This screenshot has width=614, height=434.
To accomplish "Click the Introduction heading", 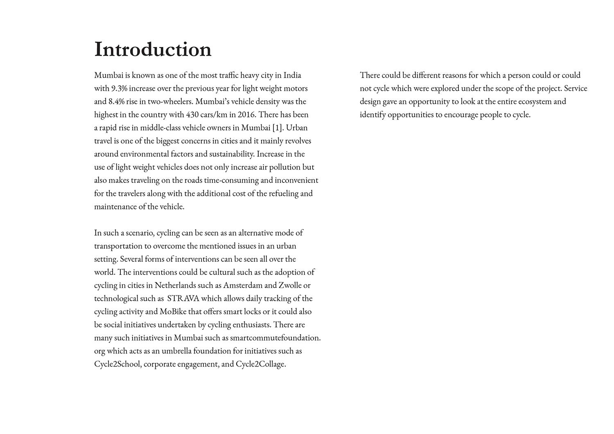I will pyautogui.click(x=153, y=49).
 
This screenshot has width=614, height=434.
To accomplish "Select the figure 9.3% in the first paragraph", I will pyautogui.click(x=119, y=88).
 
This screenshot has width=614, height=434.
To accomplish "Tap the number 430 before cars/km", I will pyautogui.click(x=192, y=115).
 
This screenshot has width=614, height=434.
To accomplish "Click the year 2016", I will pyautogui.click(x=246, y=115).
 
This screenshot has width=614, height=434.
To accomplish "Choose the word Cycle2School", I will pyautogui.click(x=117, y=364).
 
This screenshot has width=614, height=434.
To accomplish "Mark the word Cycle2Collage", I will pyautogui.click(x=260, y=364).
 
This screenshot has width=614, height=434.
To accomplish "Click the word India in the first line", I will pyautogui.click(x=292, y=75).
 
